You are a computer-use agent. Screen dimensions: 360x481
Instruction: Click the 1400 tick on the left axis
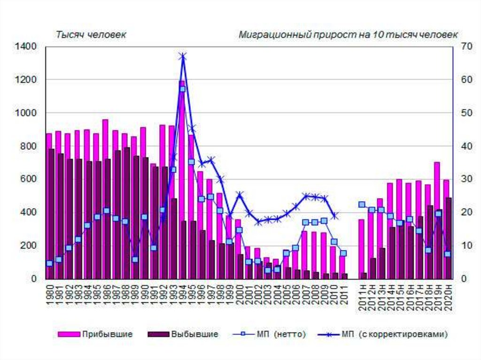(x=28, y=46)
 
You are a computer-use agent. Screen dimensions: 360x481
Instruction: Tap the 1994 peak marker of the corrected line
(x=183, y=56)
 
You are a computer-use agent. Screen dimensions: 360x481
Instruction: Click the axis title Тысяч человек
(x=91, y=35)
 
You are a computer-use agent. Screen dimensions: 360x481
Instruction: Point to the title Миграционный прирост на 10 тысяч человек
(x=348, y=35)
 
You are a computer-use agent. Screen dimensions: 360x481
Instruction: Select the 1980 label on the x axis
(x=49, y=295)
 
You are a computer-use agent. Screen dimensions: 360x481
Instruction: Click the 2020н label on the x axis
(x=447, y=297)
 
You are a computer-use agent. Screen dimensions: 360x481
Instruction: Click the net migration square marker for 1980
(x=49, y=263)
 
